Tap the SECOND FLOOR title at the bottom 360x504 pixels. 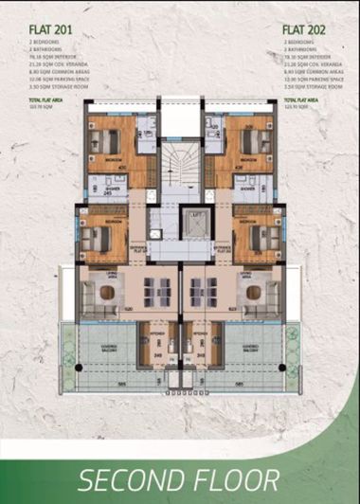[179, 478]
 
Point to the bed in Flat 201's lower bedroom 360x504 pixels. [95, 239]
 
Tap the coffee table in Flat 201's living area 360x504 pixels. [107, 293]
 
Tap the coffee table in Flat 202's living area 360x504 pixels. [253, 293]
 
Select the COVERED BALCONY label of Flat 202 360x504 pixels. [254, 348]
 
